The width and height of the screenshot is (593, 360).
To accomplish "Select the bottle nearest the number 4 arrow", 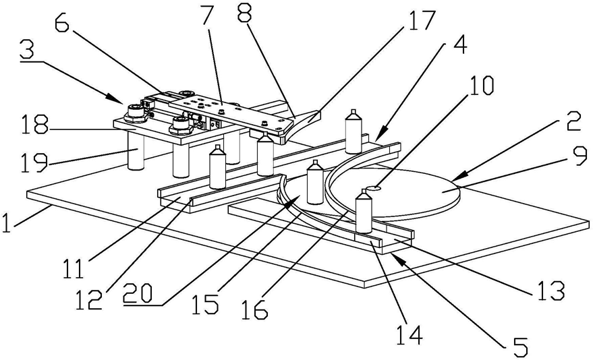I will tap(353, 132).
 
